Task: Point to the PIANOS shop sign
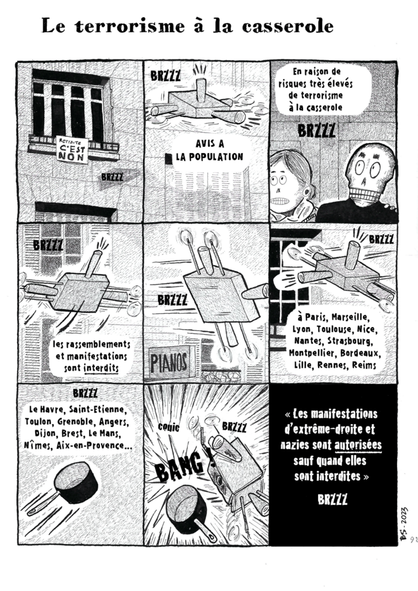169,363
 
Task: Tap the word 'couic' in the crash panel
168,427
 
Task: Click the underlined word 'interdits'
101,366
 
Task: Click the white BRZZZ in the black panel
333,499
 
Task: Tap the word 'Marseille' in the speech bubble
352,316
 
